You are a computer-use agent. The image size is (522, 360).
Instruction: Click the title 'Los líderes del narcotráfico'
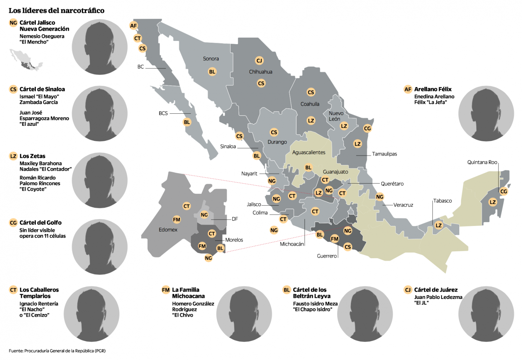click(57, 11)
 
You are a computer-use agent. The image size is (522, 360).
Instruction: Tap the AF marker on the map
click(133, 25)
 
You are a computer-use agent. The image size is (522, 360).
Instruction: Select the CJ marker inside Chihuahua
click(259, 60)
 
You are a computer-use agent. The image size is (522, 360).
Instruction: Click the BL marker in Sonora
click(212, 72)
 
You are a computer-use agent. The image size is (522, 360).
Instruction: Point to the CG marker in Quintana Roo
click(504, 191)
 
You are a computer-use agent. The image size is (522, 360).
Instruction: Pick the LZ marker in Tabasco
click(439, 225)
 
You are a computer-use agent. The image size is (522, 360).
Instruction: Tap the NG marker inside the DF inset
click(204, 215)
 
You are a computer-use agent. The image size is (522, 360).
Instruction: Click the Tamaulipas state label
click(384, 154)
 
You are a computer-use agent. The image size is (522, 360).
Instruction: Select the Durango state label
click(277, 142)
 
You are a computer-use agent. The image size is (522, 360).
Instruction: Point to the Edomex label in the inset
click(168, 230)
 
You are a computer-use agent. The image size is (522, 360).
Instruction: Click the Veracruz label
click(403, 205)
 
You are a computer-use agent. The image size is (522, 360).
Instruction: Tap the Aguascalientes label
click(309, 152)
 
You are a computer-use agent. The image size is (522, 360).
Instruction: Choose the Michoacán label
click(291, 244)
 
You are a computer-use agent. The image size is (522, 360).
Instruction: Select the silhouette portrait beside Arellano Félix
click(486, 113)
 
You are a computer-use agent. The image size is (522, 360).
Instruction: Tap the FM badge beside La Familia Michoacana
click(166, 290)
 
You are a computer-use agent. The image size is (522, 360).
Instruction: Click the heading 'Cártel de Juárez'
click(436, 290)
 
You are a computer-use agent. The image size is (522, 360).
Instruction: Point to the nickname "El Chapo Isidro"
click(312, 310)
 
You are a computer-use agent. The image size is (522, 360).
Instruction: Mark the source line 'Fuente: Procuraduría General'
click(57, 351)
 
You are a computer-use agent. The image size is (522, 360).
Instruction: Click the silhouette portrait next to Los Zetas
click(100, 180)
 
